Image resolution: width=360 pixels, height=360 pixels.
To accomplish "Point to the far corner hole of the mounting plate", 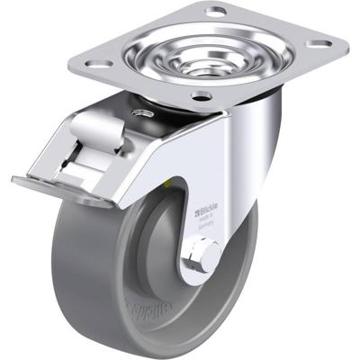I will [x=216, y=12].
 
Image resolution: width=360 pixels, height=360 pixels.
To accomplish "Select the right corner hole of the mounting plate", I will [x=317, y=42].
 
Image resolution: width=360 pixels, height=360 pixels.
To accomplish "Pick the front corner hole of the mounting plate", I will [x=201, y=95].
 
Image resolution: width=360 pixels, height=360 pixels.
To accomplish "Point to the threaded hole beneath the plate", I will [x=139, y=112].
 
